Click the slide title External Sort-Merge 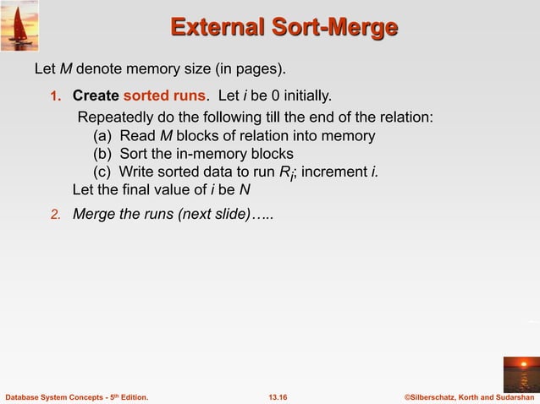coord(284,28)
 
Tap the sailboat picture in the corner coord(19,25)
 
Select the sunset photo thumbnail coord(521,374)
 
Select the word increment coord(335,172)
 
